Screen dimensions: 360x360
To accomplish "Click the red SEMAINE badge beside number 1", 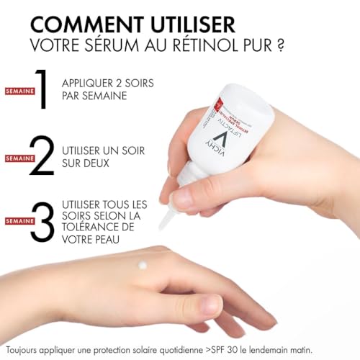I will coord(17,91).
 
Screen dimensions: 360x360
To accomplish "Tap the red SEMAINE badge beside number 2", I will coord(17,158).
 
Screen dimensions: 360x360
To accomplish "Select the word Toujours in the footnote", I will coord(24,348).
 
